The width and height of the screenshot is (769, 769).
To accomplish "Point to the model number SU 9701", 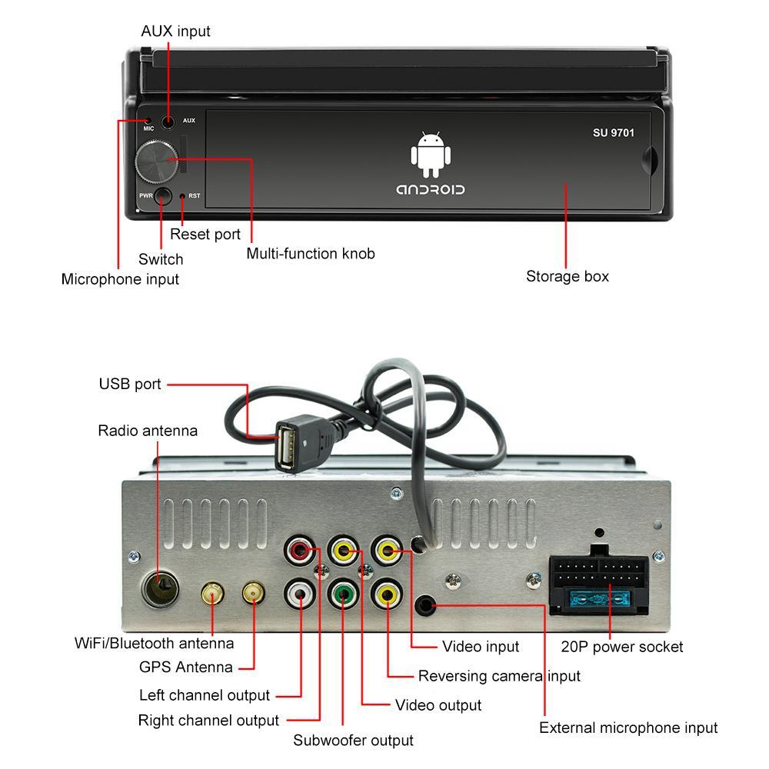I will pos(613,133).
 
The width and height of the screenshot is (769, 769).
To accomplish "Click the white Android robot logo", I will pos(429,154).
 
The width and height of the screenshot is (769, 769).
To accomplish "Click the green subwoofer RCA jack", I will pos(343,594).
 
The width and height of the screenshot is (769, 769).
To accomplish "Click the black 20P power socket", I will pos(598,584).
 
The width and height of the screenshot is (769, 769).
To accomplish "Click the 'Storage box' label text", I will pos(567,276).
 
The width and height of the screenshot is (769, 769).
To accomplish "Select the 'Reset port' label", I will pos(205,235).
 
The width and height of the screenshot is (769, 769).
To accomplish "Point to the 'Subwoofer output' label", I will pos(353,741).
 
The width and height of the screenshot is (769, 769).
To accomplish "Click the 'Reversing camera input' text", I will pos(499,676).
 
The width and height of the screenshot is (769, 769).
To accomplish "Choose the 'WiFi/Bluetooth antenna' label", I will pos(154,643).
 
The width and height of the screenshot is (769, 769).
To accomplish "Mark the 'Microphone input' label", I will pos(120,279).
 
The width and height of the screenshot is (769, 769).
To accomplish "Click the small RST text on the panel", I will pos(195,196).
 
